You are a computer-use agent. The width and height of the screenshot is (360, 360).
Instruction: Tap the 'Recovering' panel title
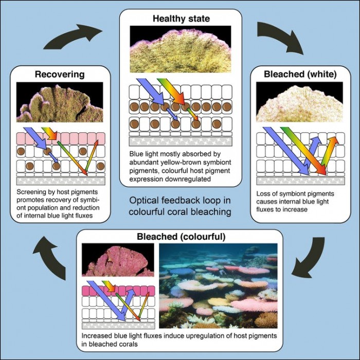click(x=59, y=75)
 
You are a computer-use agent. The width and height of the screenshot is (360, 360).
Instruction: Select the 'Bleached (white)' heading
click(x=300, y=75)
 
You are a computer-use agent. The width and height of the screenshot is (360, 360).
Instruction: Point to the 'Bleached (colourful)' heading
click(x=179, y=237)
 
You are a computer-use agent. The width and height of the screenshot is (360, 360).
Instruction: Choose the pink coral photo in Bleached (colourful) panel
click(x=117, y=261)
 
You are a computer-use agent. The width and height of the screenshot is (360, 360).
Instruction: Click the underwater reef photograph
click(x=218, y=285)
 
